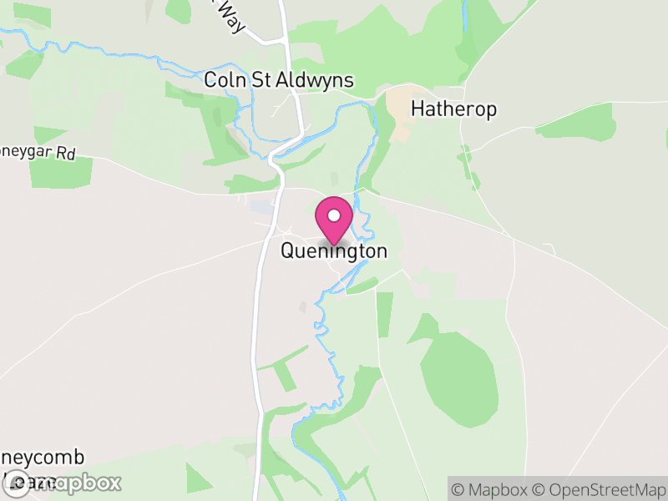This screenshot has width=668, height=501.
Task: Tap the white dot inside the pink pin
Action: pyautogui.click(x=334, y=215)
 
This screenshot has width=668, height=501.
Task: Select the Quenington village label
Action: pyautogui.click(x=334, y=250)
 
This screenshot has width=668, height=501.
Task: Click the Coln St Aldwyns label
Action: pyautogui.click(x=279, y=81)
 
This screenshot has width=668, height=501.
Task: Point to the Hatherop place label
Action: pyautogui.click(x=453, y=109)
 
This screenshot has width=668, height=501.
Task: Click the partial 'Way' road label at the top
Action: pyautogui.click(x=231, y=16)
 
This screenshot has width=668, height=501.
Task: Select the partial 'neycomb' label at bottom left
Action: pyautogui.click(x=43, y=458)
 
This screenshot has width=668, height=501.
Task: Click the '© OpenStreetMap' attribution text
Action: pyautogui.click(x=598, y=489)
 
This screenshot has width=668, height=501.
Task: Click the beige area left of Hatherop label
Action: pyautogui.click(x=399, y=113)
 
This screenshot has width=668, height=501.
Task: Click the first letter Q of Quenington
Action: pyautogui.click(x=288, y=250)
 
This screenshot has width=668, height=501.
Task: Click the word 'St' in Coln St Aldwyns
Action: pyautogui.click(x=259, y=81)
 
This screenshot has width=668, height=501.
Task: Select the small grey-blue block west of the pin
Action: pyautogui.click(x=261, y=206)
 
